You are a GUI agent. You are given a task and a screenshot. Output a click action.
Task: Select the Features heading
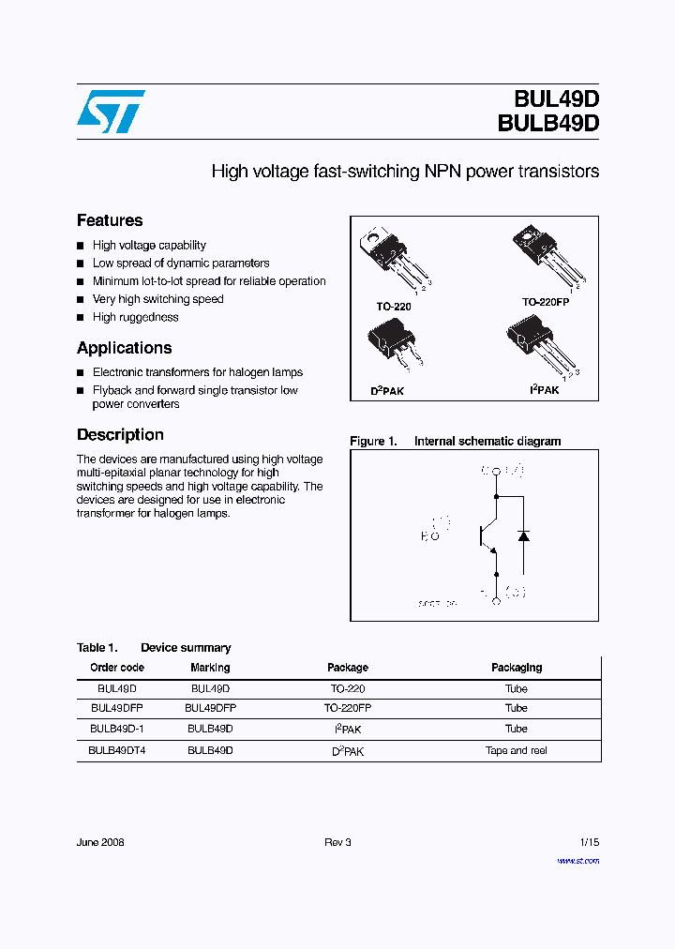click(x=110, y=220)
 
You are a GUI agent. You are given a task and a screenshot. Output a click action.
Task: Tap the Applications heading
click(x=124, y=348)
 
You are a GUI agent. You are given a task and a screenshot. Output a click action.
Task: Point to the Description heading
click(x=120, y=435)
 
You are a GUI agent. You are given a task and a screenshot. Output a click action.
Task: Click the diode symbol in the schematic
click(x=523, y=535)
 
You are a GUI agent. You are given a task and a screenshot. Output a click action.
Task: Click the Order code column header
click(x=117, y=668)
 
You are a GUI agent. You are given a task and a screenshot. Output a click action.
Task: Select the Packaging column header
click(x=517, y=668)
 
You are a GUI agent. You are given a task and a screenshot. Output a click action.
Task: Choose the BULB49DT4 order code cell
click(x=117, y=750)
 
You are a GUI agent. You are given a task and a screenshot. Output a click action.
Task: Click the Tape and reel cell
click(x=517, y=750)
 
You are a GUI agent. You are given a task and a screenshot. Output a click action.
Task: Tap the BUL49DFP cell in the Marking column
click(x=210, y=708)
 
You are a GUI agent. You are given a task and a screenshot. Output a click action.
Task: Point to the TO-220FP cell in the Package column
click(x=348, y=708)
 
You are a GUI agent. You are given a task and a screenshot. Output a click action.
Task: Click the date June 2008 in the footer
click(x=100, y=842)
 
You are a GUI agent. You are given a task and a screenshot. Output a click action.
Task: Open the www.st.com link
click(x=577, y=860)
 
